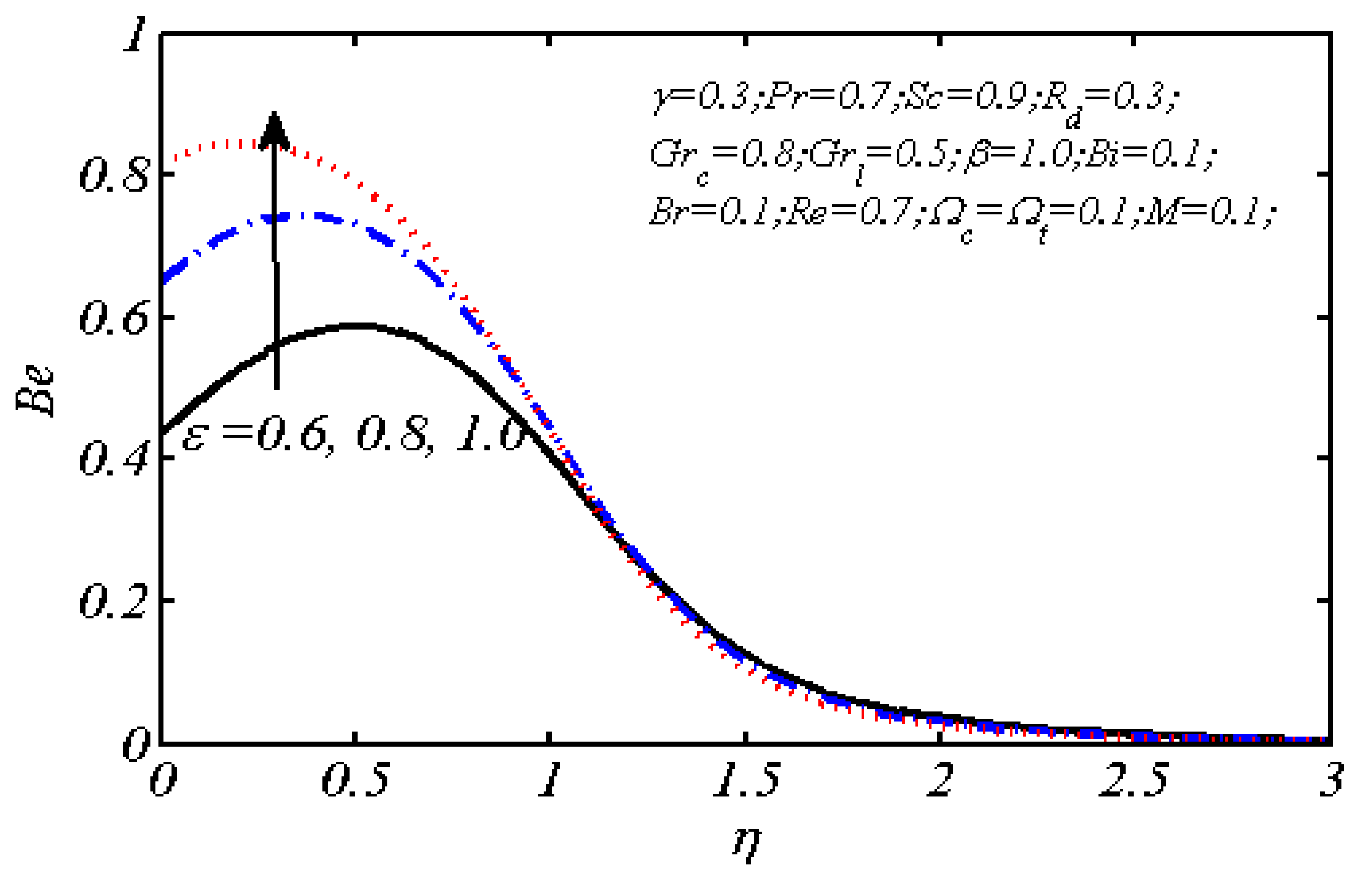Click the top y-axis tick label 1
point(135,35)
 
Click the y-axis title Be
point(35,391)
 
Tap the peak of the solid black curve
point(359,326)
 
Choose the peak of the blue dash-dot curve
point(296,216)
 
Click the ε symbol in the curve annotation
point(194,437)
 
